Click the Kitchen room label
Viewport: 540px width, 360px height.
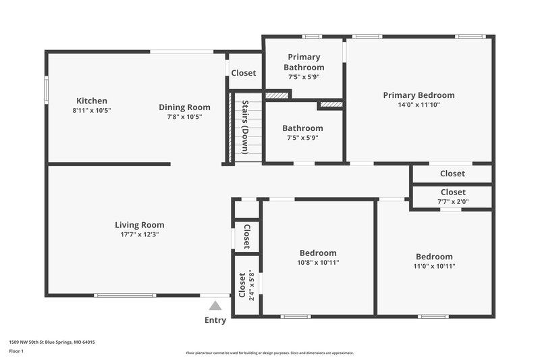pos(91,101)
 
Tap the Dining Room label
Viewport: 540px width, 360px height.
pos(184,107)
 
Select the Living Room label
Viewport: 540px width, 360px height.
pos(139,225)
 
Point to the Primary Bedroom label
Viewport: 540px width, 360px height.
pos(418,95)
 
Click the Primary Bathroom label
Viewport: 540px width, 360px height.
pos(304,62)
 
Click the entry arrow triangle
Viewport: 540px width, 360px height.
pos(215,306)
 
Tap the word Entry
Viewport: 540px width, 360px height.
pos(215,320)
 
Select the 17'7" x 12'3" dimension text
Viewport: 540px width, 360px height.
pos(139,234)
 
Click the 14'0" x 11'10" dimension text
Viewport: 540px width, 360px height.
pos(418,105)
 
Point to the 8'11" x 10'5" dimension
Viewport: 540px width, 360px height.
pos(91,110)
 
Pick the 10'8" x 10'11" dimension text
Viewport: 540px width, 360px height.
pos(318,262)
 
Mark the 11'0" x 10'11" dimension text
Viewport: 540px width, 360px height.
pos(434,266)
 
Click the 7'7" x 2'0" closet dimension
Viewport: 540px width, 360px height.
pos(452,201)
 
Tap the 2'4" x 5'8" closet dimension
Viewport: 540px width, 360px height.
pos(251,284)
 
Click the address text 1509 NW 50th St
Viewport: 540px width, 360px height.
pos(51,342)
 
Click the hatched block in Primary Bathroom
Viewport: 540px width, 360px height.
pos(277,95)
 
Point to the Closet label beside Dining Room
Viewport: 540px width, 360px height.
pos(243,73)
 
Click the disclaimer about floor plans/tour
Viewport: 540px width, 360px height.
pos(269,353)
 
